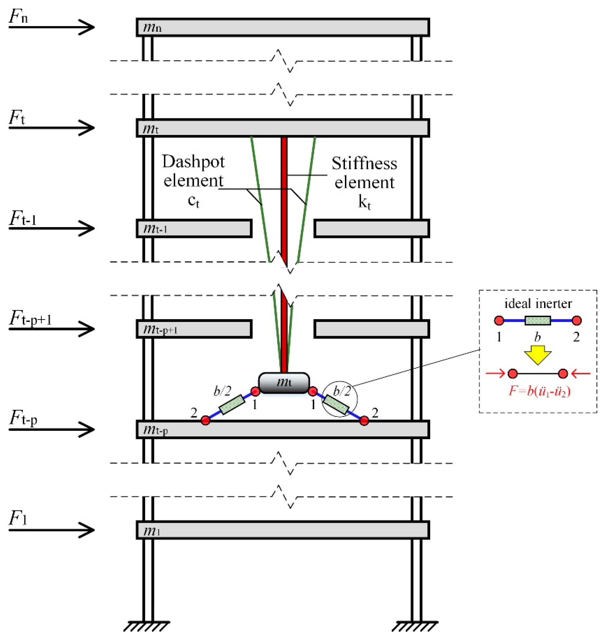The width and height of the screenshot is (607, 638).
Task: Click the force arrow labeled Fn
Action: pos(52,27)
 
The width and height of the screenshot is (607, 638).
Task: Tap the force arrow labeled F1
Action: pos(52,530)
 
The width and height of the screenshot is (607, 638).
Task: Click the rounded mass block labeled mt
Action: pos(284,383)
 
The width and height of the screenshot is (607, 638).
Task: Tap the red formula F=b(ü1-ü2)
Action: pos(539,391)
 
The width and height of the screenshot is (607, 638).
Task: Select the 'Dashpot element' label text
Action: pos(193,171)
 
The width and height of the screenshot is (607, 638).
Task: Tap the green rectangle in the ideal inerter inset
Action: pos(537,320)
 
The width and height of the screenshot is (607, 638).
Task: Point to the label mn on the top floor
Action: pos(152,28)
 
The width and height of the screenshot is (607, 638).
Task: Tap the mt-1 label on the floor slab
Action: pos(155,229)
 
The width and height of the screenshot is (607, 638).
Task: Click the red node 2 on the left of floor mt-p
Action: pos(205,420)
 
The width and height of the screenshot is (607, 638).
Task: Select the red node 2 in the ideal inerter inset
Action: pos(577,320)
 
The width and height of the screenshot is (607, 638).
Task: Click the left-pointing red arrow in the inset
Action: pos(581,374)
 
